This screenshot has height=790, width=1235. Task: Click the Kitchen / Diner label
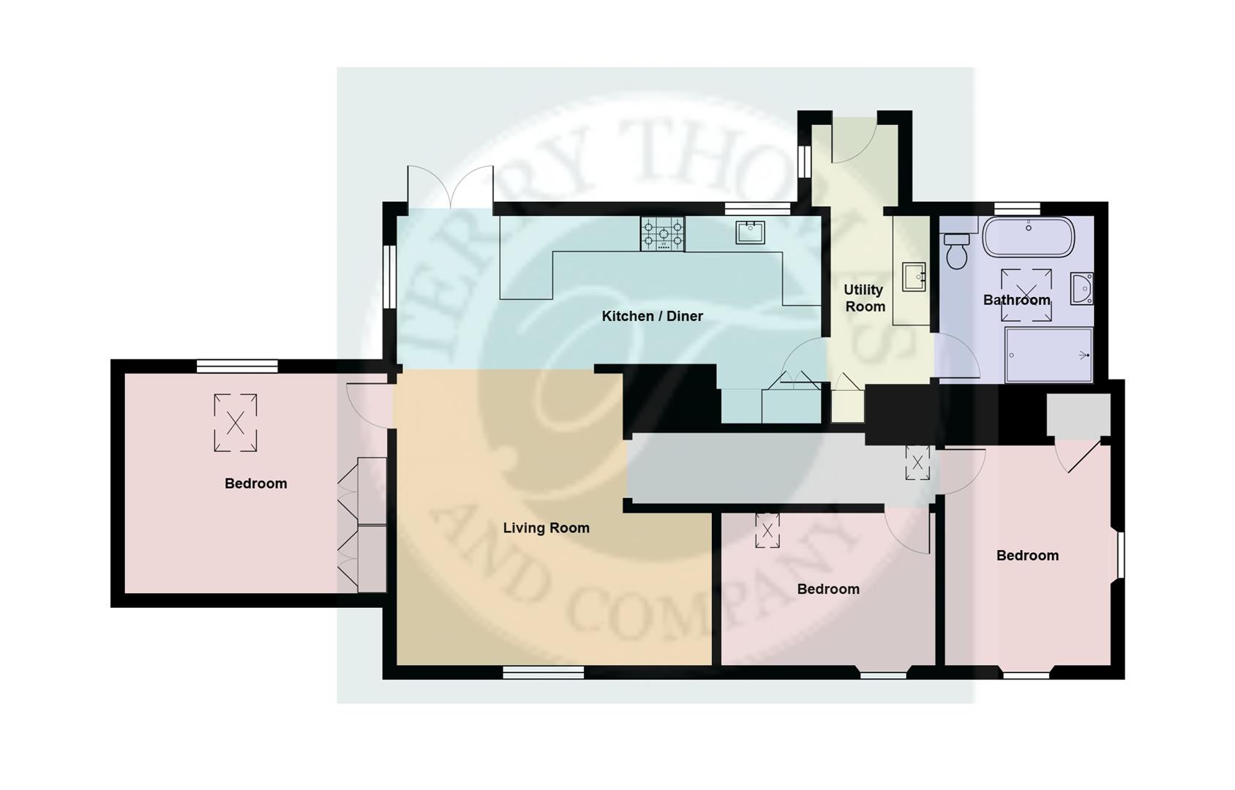coord(652,316)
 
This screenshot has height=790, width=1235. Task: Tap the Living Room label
coord(546,527)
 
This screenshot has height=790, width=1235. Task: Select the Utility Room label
coord(864,298)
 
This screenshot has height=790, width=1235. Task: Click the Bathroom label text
coord(1016,300)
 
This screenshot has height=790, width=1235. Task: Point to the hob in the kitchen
coord(663,234)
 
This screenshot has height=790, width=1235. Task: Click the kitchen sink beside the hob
coord(751,232)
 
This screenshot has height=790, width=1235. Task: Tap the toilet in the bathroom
coord(956,250)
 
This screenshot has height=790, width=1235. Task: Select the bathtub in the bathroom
coord(1028,236)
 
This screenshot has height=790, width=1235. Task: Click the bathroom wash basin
coord(1081,288)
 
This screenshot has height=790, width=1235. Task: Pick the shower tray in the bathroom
coord(1049,355)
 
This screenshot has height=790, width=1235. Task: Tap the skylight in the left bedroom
coord(236,422)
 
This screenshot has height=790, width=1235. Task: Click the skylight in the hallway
coord(917,462)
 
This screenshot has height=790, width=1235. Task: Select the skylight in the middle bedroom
coord(767,530)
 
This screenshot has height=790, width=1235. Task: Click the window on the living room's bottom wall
coord(543,671)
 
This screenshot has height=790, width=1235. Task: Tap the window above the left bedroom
coord(237,365)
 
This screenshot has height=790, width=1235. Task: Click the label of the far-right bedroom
coord(1027,555)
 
